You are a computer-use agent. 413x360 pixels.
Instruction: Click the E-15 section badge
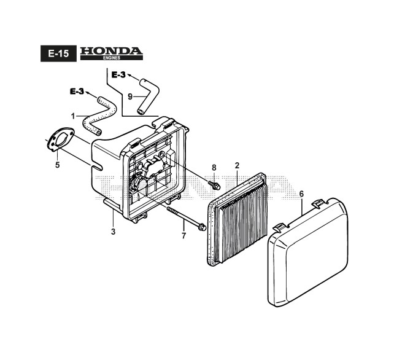[x=58, y=54]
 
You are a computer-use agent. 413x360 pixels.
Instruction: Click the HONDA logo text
[x=111, y=50]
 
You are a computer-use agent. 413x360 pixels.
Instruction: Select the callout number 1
[x=73, y=115]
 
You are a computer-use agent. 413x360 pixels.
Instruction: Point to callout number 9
[x=130, y=96]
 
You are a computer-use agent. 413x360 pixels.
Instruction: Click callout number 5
[x=56, y=164]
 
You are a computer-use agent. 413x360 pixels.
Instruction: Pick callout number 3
[x=113, y=232]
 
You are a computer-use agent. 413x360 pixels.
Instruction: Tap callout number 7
[x=183, y=235]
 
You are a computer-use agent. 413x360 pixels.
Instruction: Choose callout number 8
[x=214, y=167]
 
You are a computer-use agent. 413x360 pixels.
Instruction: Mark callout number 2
[x=237, y=165]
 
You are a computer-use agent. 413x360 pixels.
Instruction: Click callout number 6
[x=301, y=194]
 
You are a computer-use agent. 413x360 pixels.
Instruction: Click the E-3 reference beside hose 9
[x=118, y=75]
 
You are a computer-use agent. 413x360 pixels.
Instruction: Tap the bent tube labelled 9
[x=147, y=95]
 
